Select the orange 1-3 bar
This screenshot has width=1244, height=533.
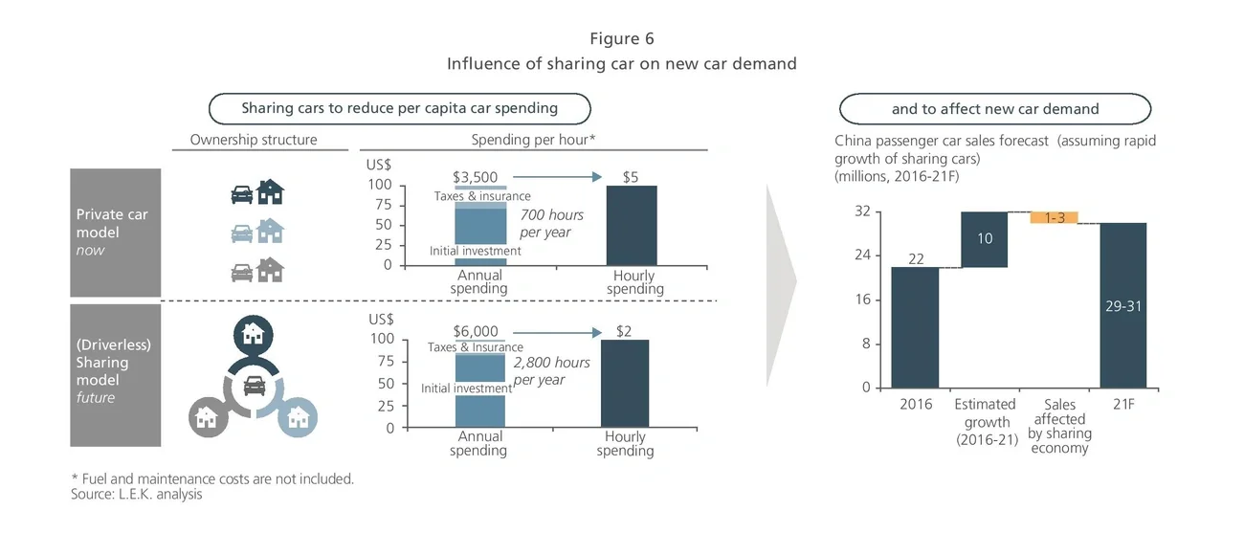click(1055, 217)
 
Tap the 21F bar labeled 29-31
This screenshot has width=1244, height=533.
click(1123, 305)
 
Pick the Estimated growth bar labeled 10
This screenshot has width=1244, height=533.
click(985, 239)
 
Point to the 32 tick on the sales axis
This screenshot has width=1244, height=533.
click(862, 211)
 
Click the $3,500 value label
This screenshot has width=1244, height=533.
click(475, 177)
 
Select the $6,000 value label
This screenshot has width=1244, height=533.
click(476, 331)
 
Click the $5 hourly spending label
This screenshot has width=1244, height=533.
click(631, 177)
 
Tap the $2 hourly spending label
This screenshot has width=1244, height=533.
click(624, 331)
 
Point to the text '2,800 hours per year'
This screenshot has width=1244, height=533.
click(551, 371)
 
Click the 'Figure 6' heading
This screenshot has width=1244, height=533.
click(622, 38)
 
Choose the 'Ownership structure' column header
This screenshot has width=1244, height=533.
click(253, 140)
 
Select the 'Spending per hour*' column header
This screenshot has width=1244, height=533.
click(534, 140)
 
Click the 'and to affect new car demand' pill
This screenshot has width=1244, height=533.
click(995, 109)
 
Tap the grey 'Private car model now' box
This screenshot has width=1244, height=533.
click(115, 232)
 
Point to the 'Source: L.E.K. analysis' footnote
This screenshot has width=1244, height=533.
click(137, 495)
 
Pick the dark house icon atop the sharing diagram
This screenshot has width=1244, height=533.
click(254, 333)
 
